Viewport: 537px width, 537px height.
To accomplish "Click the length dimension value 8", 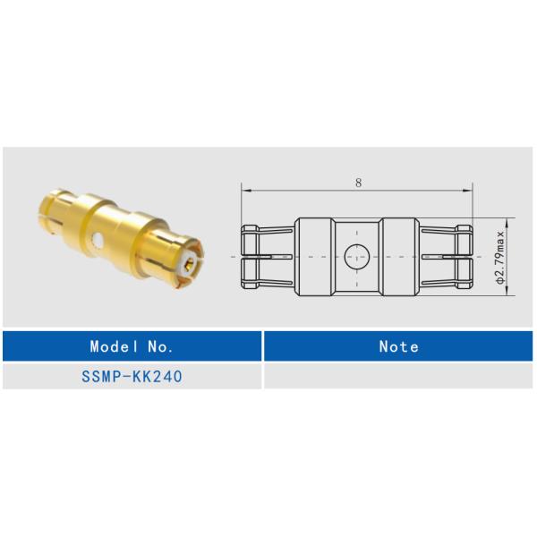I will point(358,182).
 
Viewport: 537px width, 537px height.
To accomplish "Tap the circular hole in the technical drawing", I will point(357,256).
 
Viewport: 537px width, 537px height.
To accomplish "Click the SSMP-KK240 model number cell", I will point(132,377).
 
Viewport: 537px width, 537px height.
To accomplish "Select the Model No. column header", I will point(132,346).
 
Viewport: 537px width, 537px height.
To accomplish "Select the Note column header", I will point(398,346).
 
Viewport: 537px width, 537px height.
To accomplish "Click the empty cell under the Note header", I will point(398,377).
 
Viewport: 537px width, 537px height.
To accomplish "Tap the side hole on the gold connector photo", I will point(96,240).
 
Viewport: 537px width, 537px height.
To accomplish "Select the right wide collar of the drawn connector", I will point(399,256).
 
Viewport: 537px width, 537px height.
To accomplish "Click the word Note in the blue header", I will point(398,346).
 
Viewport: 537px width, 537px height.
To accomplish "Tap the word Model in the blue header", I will point(112,346).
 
